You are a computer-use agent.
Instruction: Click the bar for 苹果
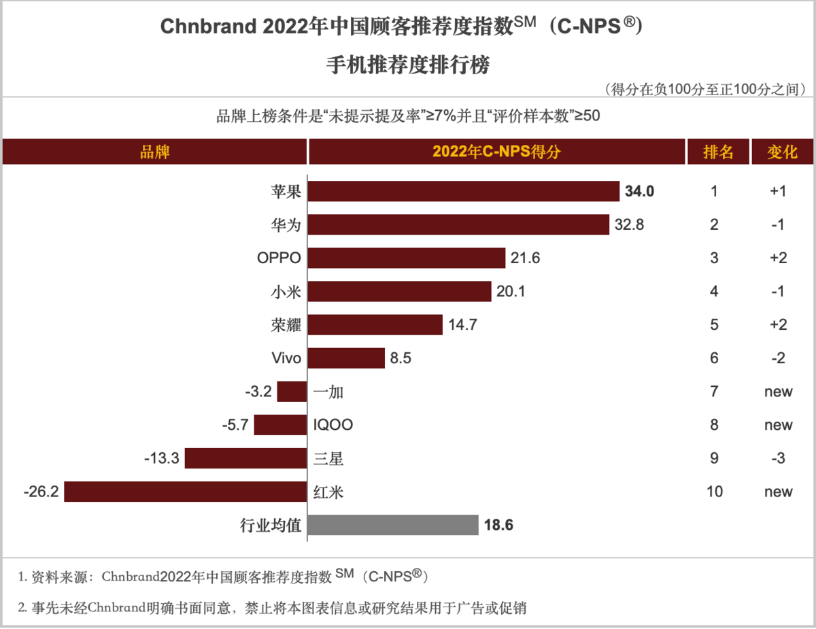[464, 191]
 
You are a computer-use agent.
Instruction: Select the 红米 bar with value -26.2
[185, 492]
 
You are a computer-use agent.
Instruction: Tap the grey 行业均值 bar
[393, 525]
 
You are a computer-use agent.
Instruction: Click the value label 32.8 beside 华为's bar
[630, 225]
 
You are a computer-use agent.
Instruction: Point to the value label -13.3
[162, 458]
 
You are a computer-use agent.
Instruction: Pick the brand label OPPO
[279, 258]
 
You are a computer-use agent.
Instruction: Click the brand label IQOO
[333, 425]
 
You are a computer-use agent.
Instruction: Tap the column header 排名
[718, 152]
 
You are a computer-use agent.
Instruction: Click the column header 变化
[782, 152]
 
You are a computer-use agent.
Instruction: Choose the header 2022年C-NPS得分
[496, 152]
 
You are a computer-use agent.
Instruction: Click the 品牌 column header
[154, 152]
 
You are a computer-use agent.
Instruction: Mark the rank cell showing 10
[714, 492]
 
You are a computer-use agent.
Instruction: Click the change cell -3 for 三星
[778, 458]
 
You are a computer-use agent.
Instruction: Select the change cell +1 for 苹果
[778, 191]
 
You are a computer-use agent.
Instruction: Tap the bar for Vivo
[347, 358]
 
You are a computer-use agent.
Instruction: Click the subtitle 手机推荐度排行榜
[408, 66]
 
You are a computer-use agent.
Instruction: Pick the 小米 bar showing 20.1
[399, 292]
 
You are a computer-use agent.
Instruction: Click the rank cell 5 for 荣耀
[714, 325]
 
